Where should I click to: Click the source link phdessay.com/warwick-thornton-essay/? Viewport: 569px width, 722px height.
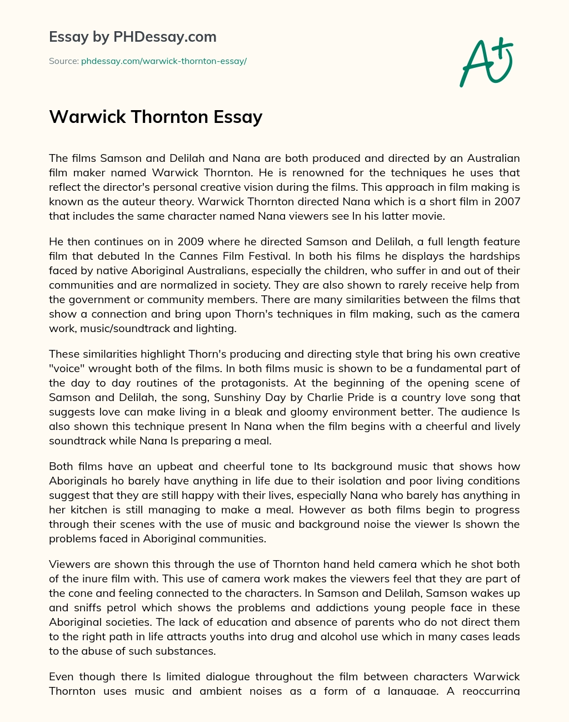[x=164, y=61]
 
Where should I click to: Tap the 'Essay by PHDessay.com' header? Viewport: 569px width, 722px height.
[x=133, y=37]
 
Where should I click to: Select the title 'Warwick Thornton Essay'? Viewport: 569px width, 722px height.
[x=156, y=117]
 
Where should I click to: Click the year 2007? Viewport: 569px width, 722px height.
[x=507, y=201]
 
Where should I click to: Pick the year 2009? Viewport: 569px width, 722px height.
[x=192, y=241]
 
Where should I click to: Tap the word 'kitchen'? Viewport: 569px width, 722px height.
[x=89, y=510]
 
